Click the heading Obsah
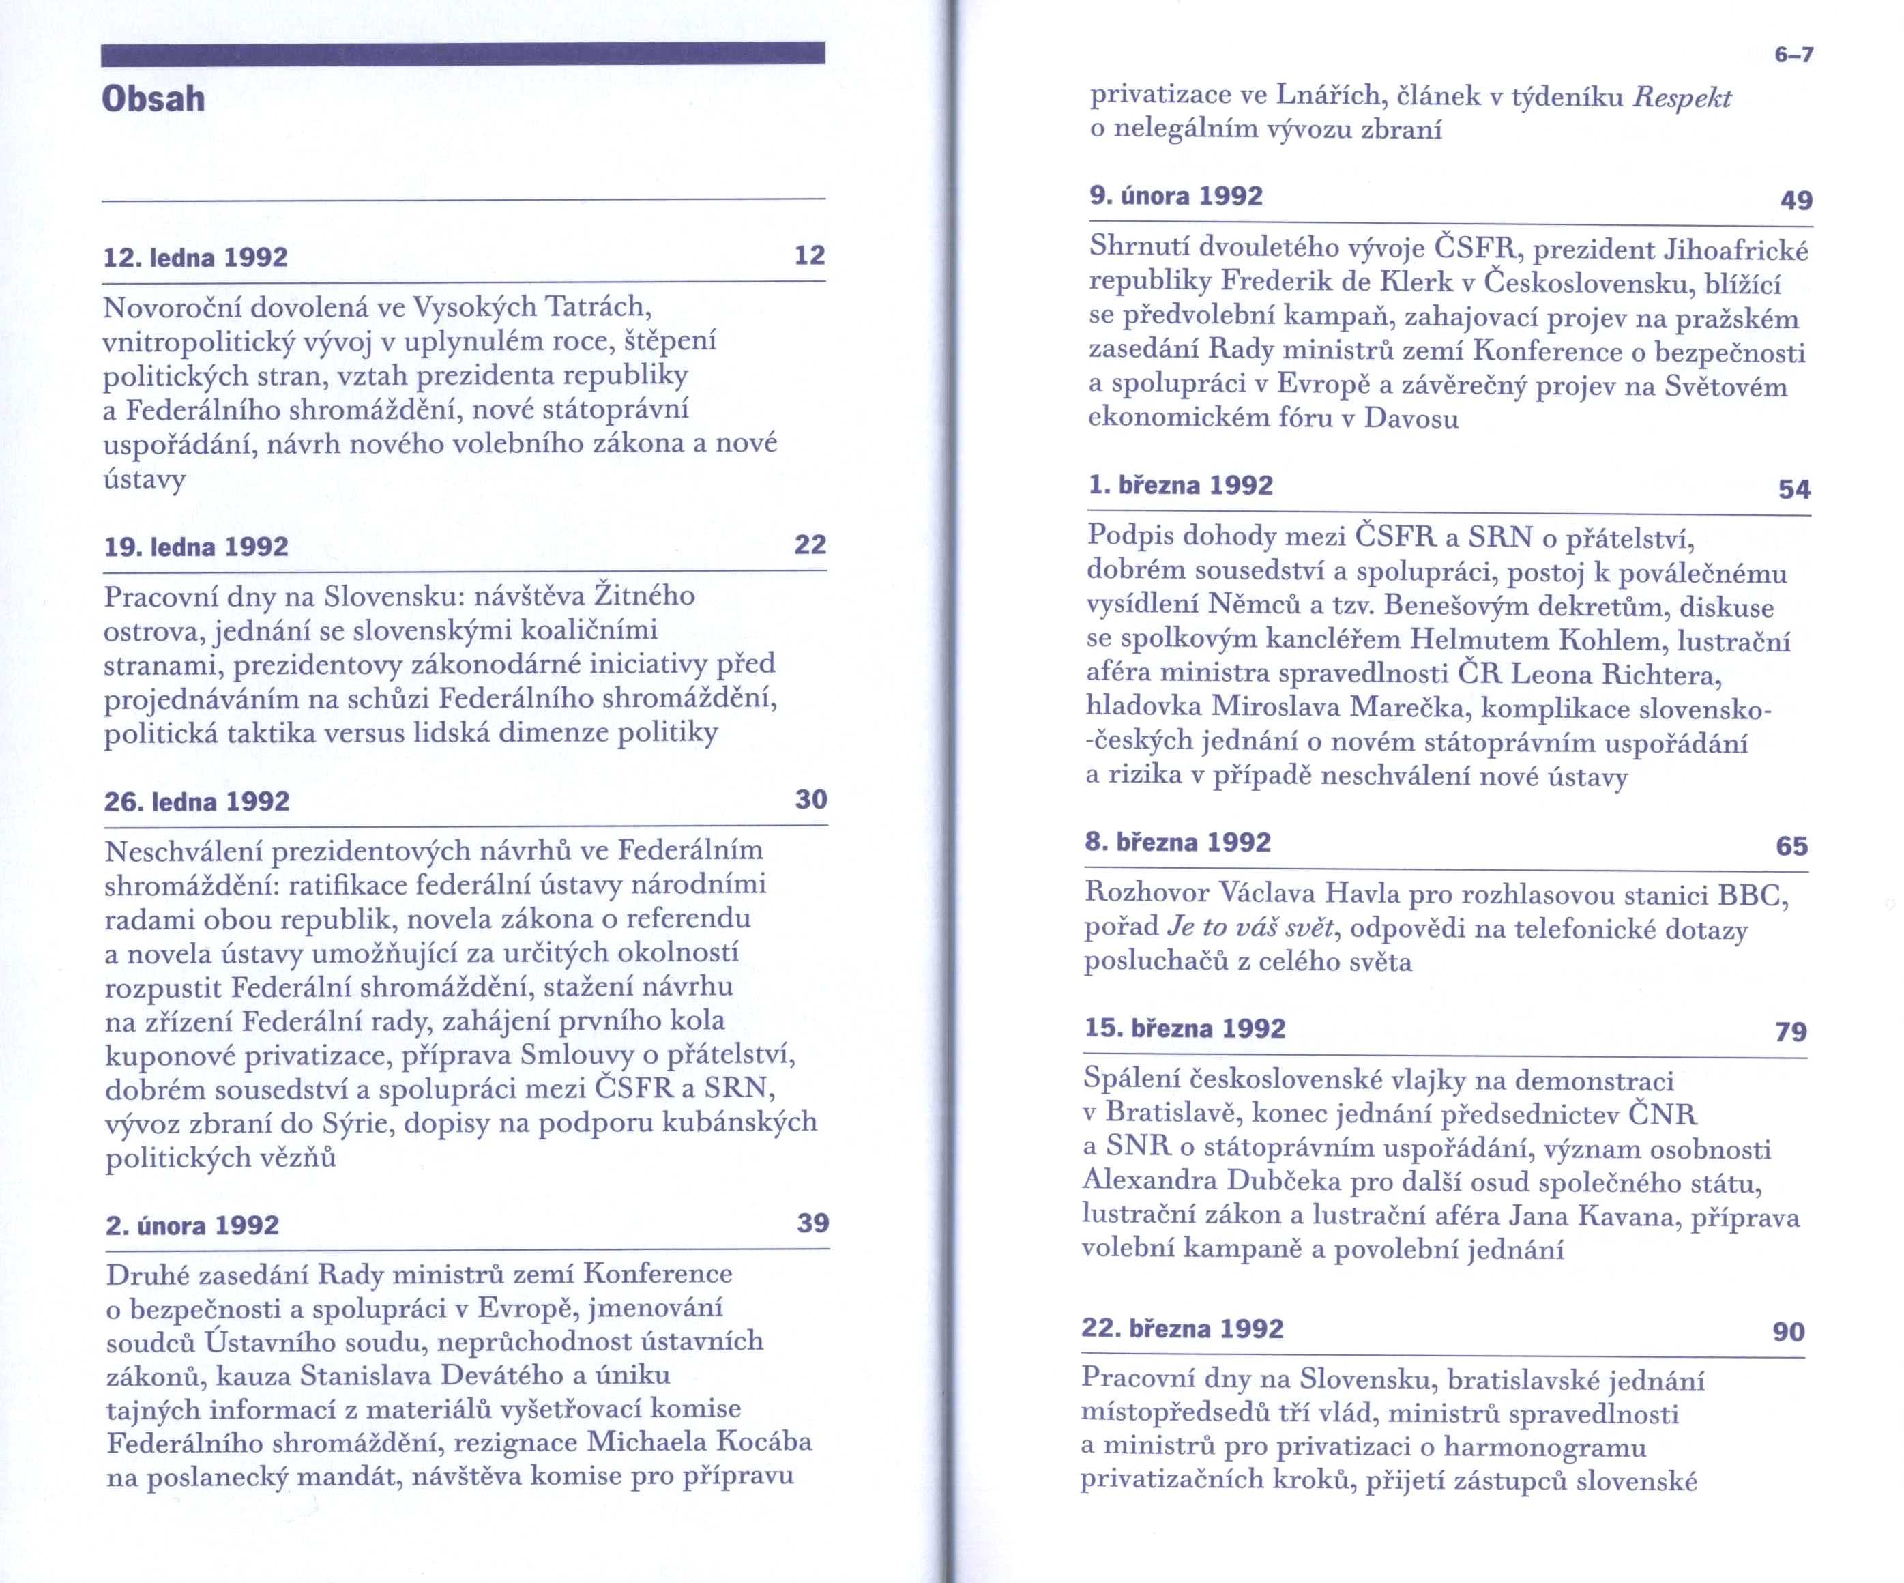[x=153, y=99]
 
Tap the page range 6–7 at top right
[x=1794, y=55]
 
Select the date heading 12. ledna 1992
[x=196, y=257]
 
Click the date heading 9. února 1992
[x=1176, y=196]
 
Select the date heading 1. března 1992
[x=1180, y=485]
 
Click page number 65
[x=1791, y=846]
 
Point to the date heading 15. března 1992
[x=1185, y=1028]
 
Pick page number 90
[x=1789, y=1332]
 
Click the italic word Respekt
[x=1682, y=98]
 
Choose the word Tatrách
[x=598, y=307]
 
